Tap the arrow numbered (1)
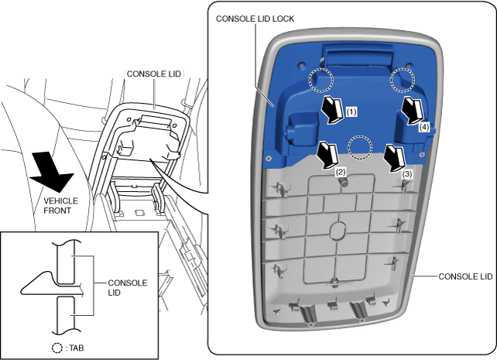[x=333, y=111]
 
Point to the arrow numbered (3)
[x=396, y=158]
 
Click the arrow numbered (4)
[x=411, y=111]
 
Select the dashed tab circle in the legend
[x=57, y=348]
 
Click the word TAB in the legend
[x=76, y=348]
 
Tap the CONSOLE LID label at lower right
[x=465, y=276]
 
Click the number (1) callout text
[x=351, y=111]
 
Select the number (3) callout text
[x=407, y=175]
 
